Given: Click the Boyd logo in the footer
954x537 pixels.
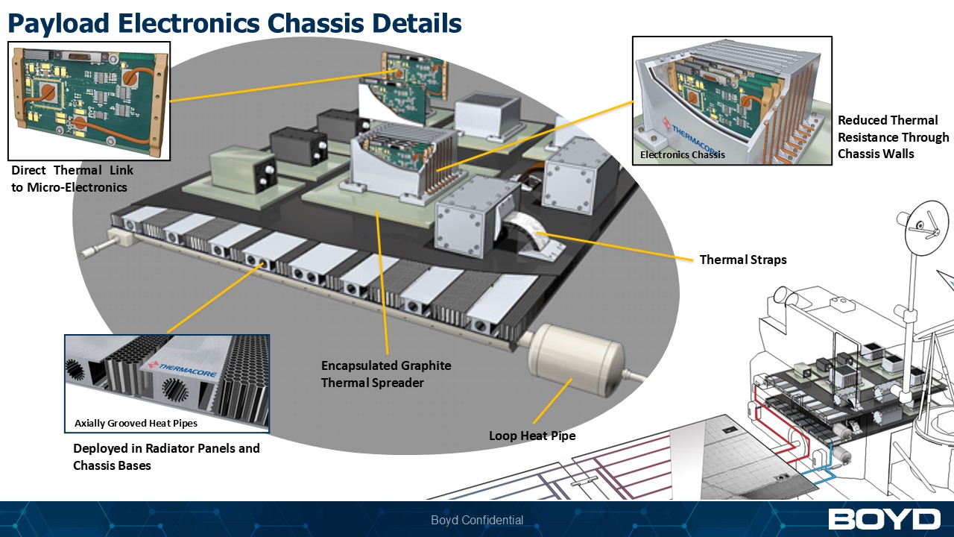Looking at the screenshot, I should pyautogui.click(x=884, y=520).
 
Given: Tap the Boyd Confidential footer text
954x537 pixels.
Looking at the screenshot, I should pyautogui.click(x=477, y=521).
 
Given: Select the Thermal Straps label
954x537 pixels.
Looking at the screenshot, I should pyautogui.click(x=742, y=260).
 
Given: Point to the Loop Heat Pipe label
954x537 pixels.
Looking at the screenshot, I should pyautogui.click(x=532, y=436).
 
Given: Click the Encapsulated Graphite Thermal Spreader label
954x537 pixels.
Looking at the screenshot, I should pyautogui.click(x=386, y=374).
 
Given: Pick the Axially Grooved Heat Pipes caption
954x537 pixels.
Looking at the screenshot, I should pyautogui.click(x=136, y=424).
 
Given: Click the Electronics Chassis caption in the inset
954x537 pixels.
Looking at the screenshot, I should pyautogui.click(x=682, y=155).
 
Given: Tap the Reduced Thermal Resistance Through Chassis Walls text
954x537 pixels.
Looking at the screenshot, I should pyautogui.click(x=893, y=136).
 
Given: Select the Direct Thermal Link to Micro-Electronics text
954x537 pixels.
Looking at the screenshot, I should pyautogui.click(x=72, y=179).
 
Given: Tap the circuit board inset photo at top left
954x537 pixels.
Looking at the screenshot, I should pyautogui.click(x=89, y=101).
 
